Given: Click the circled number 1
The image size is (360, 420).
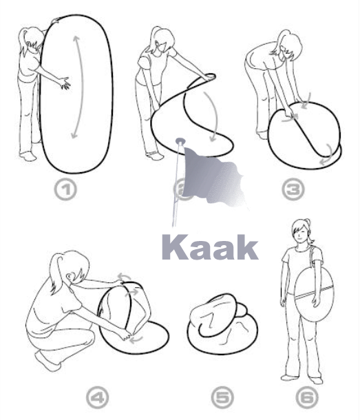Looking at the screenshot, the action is (65, 189).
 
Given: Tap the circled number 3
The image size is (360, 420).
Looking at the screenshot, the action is (293, 189).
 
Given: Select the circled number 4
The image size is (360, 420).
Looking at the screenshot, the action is (98, 398).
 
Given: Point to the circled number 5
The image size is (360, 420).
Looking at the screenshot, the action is (222, 398).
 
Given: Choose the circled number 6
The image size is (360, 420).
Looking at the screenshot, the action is (308, 398).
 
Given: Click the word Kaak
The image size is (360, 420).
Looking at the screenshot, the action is (210, 246).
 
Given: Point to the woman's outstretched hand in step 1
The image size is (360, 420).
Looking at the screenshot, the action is (64, 83).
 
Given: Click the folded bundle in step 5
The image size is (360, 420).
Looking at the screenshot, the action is (222, 324).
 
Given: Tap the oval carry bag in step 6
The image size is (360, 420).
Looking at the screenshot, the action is (314, 294).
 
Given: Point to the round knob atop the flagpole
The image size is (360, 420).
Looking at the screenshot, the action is (180, 140).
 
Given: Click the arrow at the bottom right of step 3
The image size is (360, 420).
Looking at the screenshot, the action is (328, 155).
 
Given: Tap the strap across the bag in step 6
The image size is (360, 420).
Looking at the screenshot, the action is (314, 293).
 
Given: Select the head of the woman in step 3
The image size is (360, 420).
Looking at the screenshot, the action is (288, 45).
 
